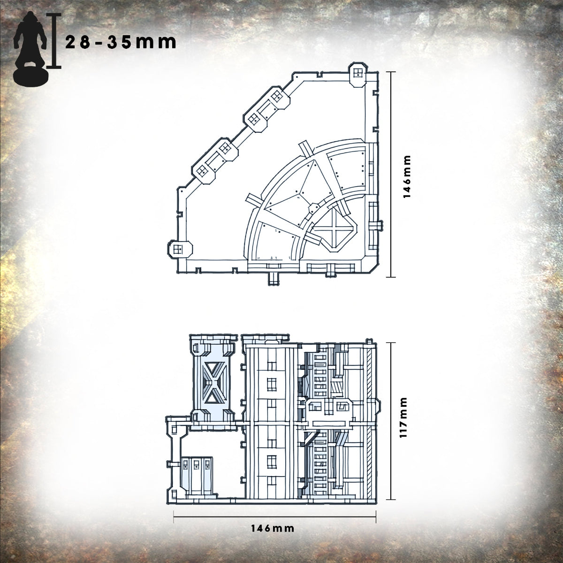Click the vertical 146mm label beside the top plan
[x=406, y=177]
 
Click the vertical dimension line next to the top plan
[x=391, y=175]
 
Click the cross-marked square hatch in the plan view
[x=335, y=229]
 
